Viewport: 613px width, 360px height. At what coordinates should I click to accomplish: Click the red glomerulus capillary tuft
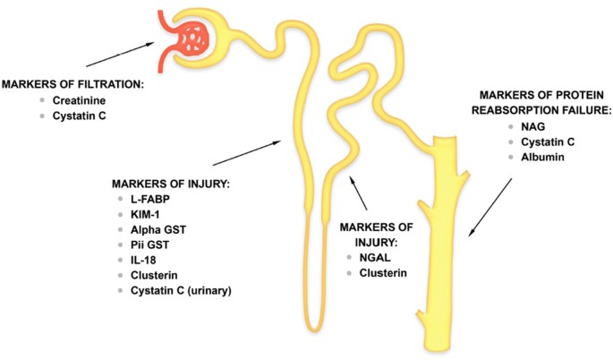[192, 39]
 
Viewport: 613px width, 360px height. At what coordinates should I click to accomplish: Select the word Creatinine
[79, 100]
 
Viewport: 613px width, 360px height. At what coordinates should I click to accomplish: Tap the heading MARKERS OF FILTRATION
[72, 84]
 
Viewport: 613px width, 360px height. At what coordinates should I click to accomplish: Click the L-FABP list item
[150, 199]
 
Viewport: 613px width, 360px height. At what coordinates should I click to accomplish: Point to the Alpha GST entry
[158, 229]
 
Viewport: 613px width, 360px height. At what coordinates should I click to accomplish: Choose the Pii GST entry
[149, 245]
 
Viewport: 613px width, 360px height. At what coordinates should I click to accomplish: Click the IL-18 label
[143, 261]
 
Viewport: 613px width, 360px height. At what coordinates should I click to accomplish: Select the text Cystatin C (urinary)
[181, 291]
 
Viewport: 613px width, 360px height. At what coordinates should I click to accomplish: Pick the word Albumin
[542, 158]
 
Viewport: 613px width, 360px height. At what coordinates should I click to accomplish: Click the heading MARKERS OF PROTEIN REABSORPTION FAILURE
[541, 103]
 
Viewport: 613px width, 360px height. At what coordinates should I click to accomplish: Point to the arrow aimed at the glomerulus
[120, 55]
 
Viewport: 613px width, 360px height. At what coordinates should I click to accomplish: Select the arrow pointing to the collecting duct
[490, 208]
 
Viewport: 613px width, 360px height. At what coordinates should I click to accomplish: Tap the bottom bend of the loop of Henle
[315, 328]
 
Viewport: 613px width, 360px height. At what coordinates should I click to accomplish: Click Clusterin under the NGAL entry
[383, 273]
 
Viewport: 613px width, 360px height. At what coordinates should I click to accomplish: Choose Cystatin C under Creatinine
[79, 116]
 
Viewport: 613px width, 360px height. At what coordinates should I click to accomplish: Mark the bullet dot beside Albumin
[511, 157]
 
